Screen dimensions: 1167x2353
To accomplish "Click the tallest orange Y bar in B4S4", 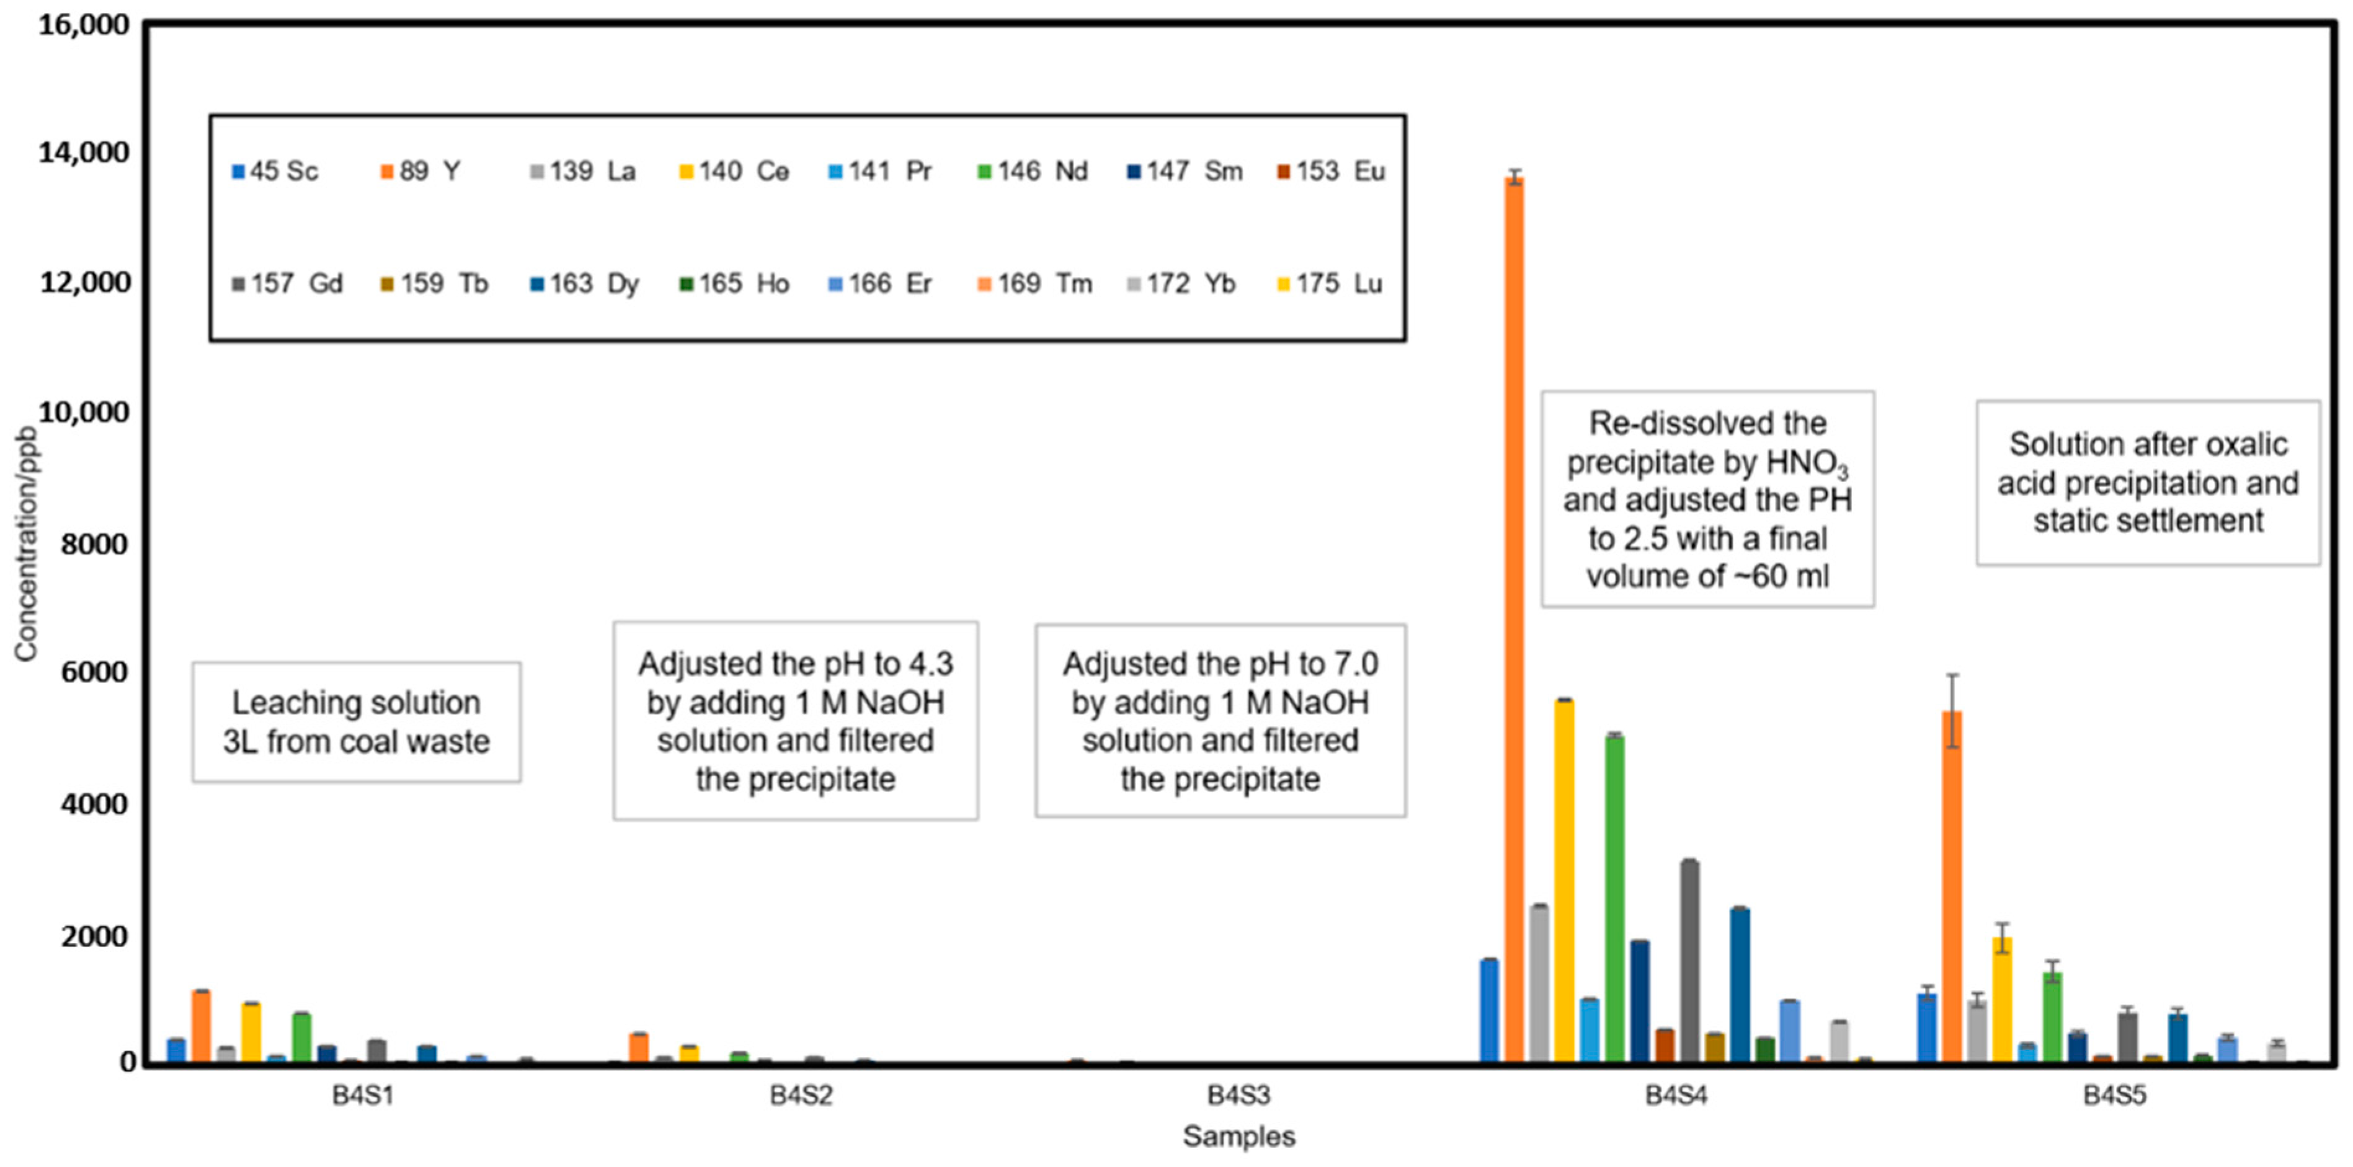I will [x=1513, y=621].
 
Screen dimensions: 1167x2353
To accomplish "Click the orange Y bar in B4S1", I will [x=201, y=1026].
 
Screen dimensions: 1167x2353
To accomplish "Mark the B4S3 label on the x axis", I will [x=1238, y=1095].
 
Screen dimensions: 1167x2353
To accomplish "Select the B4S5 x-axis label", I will [x=2114, y=1095].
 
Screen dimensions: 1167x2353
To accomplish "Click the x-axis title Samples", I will [x=1238, y=1137].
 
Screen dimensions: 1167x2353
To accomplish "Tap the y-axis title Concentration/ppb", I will [x=25, y=544].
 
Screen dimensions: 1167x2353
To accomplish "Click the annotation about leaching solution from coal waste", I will [x=356, y=722].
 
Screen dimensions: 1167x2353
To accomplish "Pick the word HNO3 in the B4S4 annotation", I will [x=1807, y=464].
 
